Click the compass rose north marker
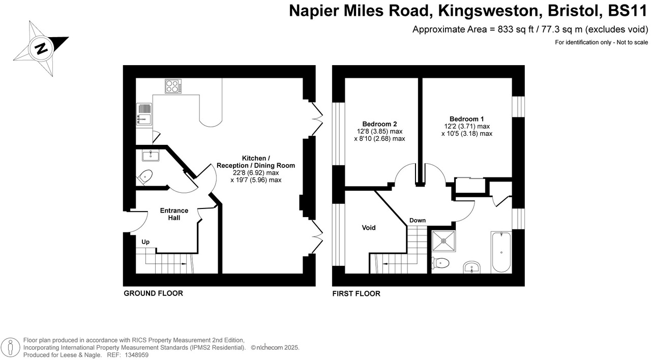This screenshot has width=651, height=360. (x=41, y=48)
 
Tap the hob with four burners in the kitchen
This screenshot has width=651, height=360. (x=174, y=86)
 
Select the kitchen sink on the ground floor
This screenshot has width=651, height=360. (x=144, y=114)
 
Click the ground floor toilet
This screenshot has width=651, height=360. (x=145, y=177)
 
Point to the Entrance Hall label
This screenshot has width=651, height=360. (x=174, y=214)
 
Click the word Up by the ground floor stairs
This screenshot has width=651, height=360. (x=145, y=242)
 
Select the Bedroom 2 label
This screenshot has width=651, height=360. (x=379, y=124)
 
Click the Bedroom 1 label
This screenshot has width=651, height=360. (x=466, y=118)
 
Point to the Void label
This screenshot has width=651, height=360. (x=369, y=228)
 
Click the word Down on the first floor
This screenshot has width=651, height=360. (x=418, y=221)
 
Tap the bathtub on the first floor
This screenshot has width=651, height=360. (x=501, y=252)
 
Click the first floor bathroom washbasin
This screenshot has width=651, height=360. (x=473, y=267)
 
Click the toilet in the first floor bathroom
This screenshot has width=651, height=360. (x=440, y=263)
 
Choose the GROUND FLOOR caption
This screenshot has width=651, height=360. (x=153, y=293)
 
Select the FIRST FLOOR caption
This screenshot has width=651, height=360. (x=356, y=293)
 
